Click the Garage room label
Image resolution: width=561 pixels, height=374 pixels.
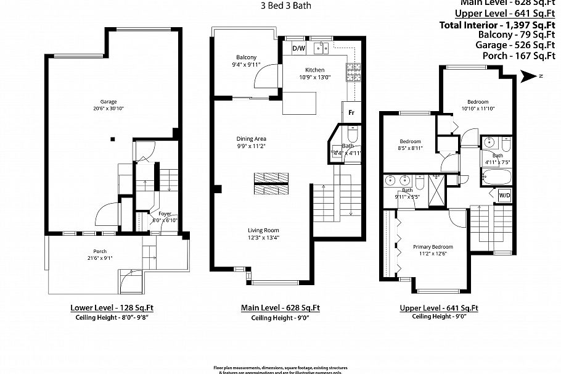109,102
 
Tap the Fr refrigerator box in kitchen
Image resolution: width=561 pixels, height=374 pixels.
351,113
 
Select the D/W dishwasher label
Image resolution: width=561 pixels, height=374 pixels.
298,48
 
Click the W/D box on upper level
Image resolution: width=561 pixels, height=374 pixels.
505,196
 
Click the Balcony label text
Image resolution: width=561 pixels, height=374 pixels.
246,57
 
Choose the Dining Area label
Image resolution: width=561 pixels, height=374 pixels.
251,139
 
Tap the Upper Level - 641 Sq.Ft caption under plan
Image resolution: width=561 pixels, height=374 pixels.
438,307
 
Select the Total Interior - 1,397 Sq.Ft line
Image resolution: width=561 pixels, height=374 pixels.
498,25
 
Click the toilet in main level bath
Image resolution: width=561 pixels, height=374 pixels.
353,135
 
